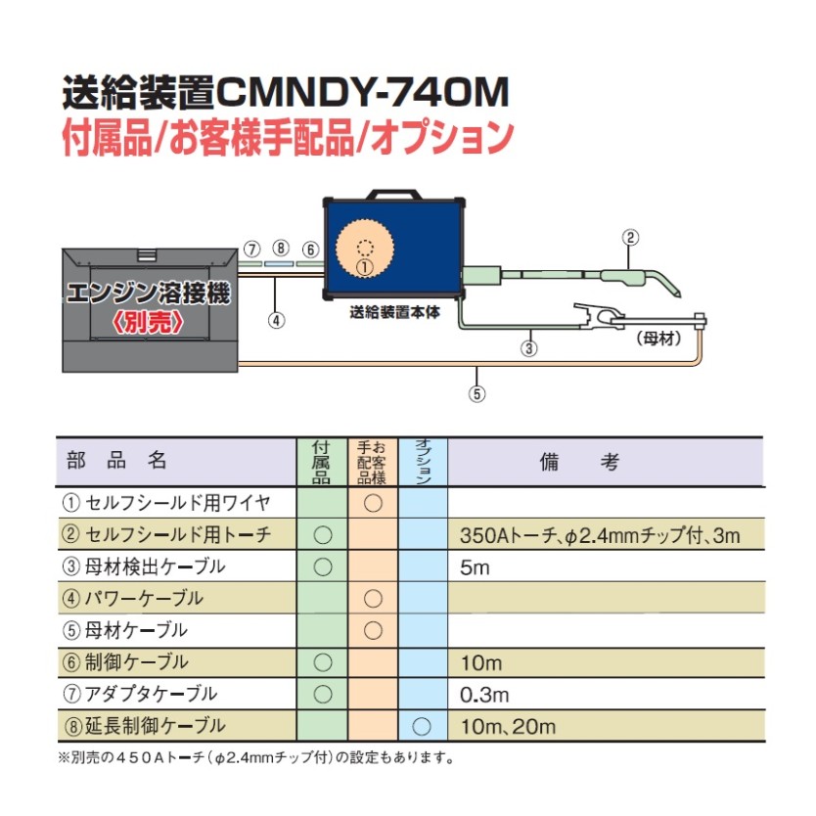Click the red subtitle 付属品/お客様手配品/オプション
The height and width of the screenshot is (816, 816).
click(287, 136)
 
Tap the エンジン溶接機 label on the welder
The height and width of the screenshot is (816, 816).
click(149, 294)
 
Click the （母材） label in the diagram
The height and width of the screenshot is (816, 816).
click(657, 339)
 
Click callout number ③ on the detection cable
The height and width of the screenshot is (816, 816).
click(529, 345)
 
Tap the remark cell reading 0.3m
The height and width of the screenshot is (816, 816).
click(483, 695)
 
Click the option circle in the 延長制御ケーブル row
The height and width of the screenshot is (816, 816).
click(423, 726)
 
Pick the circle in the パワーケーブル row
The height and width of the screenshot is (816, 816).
click(373, 598)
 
